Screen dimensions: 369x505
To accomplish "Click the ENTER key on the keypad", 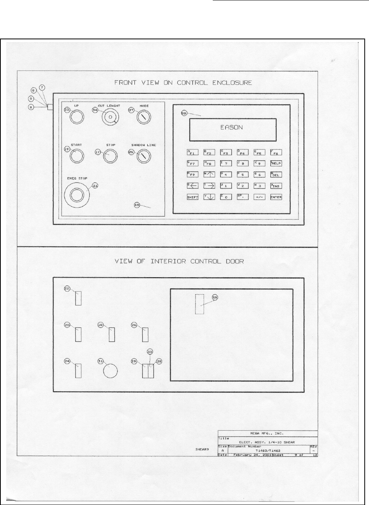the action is pos(276,197).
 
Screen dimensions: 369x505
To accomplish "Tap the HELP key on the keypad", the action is pos(276,163).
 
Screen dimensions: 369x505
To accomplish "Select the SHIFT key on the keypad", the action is pos(193,197).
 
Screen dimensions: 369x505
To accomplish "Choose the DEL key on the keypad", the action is pos(276,174).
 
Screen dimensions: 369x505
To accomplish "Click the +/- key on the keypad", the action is pos(260,197).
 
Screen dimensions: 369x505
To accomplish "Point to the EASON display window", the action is pos(233,129).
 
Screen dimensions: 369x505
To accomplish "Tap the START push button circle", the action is pos(77,157).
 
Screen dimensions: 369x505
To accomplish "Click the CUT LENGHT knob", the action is pos(110,117).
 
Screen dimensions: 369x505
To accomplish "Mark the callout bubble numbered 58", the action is pos(184,113).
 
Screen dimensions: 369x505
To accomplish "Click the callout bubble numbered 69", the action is pos(137,205).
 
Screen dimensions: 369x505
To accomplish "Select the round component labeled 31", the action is pos(110,371).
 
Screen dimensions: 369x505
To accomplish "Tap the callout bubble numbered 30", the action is pos(150,351).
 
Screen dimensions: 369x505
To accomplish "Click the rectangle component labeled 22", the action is pos(78,298).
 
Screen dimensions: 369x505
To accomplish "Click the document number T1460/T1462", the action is pos(268,450).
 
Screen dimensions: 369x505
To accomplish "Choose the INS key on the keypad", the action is pos(276,186).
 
